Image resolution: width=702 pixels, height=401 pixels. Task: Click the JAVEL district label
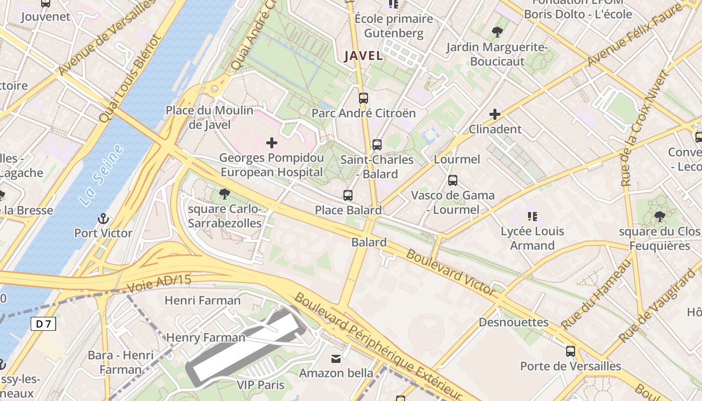tap(364, 56)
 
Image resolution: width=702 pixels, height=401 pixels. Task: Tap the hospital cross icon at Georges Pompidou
tap(272, 143)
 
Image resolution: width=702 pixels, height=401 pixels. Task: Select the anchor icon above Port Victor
tap(103, 219)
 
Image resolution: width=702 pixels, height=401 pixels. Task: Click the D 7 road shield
tap(44, 324)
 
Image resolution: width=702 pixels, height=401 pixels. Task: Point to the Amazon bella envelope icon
tap(335, 359)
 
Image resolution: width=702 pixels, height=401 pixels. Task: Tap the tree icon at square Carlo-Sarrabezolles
tap(224, 193)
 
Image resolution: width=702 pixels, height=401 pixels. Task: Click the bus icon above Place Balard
tap(348, 195)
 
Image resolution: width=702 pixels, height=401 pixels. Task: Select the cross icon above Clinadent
tap(495, 114)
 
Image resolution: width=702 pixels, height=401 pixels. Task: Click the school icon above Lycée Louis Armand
tap(532, 217)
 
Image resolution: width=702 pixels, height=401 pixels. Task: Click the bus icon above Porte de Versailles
tap(571, 351)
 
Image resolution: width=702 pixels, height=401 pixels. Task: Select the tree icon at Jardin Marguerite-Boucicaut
tap(497, 33)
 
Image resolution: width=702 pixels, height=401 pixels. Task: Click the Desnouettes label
tap(513, 322)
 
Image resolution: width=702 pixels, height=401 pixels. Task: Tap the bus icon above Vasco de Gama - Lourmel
tap(453, 180)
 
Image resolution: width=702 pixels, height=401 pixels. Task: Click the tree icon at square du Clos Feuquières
tap(660, 217)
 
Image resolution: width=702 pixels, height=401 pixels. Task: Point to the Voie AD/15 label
tap(159, 284)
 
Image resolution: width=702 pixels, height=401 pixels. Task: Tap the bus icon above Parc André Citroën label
tap(364, 98)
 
